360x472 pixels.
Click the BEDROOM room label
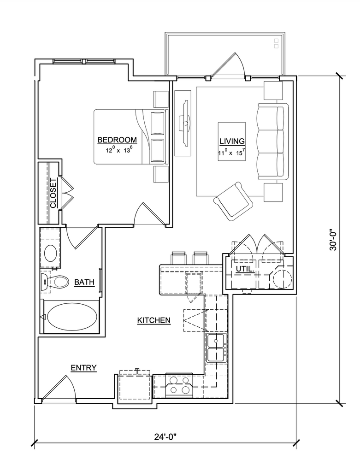[117, 140]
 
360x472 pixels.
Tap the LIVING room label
[232, 141]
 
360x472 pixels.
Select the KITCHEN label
[154, 320]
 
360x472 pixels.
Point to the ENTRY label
[84, 367]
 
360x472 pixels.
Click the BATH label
[84, 283]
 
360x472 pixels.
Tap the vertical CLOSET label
[53, 193]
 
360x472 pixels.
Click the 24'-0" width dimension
[165, 437]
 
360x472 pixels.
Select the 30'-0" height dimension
[333, 240]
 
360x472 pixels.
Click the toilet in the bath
[54, 282]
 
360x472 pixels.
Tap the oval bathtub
[72, 316]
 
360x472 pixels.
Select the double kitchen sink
[217, 348]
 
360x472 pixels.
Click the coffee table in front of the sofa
[232, 142]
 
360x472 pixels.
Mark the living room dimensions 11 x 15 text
[230, 152]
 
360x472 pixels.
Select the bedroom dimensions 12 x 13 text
[119, 150]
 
